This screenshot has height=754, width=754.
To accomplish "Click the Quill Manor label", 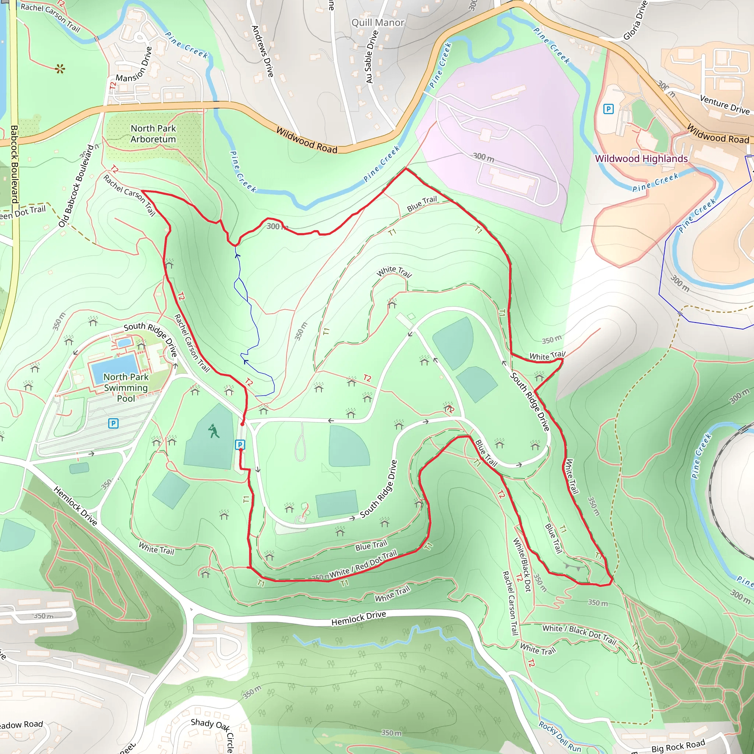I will [378, 22].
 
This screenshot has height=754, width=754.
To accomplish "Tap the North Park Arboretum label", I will [153, 134].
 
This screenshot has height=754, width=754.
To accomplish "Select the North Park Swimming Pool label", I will [126, 388].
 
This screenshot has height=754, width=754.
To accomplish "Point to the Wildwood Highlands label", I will [641, 158].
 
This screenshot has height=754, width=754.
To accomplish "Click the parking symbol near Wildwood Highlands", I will [608, 109].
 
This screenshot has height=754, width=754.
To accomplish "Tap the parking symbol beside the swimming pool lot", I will [113, 423].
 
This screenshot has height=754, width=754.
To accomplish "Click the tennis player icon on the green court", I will [214, 431].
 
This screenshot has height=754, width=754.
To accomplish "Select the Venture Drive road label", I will [724, 104].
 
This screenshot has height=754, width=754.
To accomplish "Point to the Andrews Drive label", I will [262, 51].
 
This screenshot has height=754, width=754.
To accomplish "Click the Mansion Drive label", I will [134, 65].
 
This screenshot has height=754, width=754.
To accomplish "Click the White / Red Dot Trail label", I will [363, 564].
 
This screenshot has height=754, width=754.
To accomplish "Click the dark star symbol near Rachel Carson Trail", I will [60, 70].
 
